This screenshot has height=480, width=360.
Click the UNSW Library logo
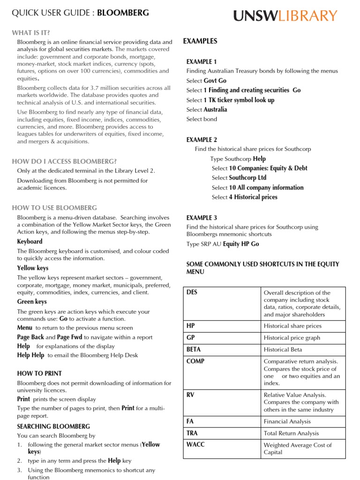coord(285,16)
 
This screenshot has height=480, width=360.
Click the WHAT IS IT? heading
coord(31,32)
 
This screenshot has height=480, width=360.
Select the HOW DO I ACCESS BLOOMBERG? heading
coord(64,161)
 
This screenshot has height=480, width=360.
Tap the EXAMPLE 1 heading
coord(202,61)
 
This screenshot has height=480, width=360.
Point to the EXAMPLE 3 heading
coord(202,217)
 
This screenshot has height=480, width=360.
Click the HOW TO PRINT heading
coord(39,373)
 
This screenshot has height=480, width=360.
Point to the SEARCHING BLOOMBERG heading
coord(53,426)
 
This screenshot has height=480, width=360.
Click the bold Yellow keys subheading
coord(33,268)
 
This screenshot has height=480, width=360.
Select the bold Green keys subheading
coord(32,302)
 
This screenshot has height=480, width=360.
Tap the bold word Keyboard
coord(30,241)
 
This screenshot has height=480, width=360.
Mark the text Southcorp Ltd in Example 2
coord(247,178)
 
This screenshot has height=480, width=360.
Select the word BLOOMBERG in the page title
coord(123,13)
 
